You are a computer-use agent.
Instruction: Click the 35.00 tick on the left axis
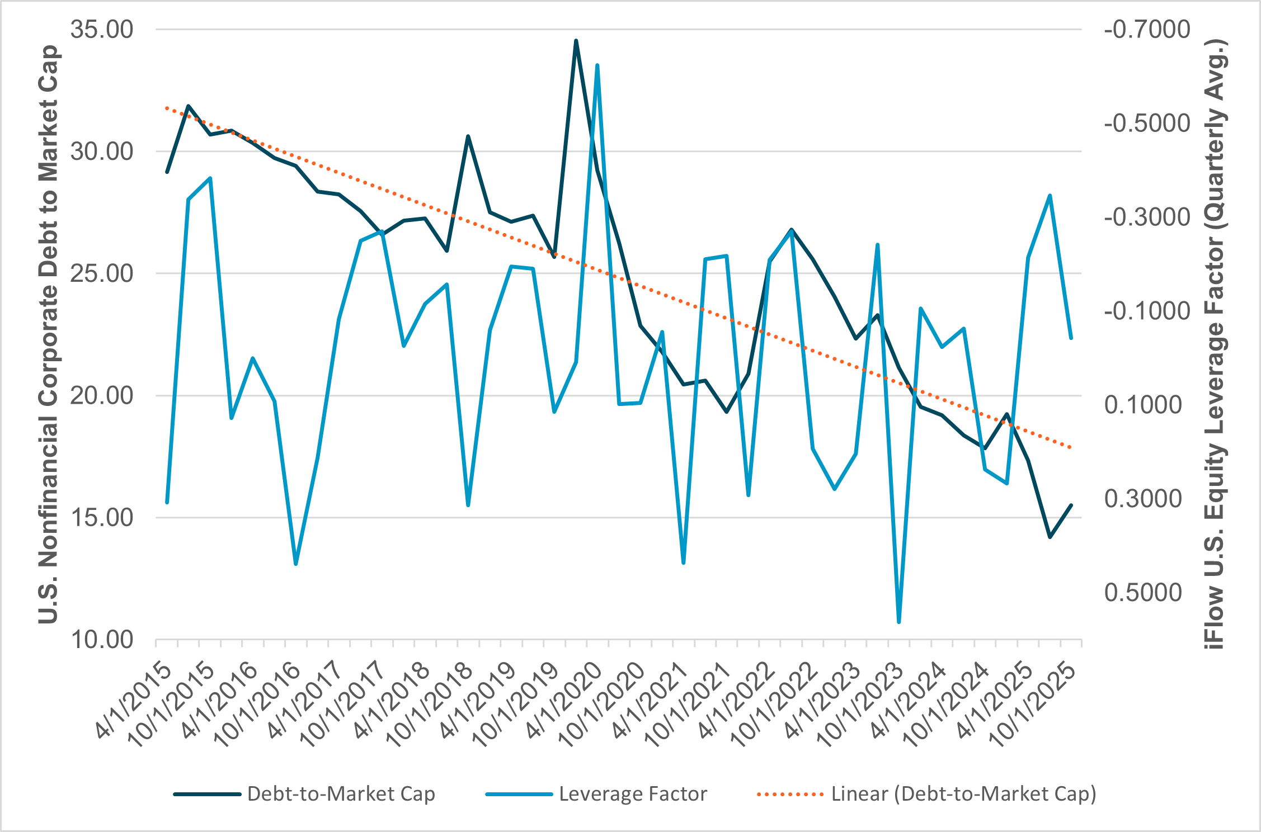[102, 30]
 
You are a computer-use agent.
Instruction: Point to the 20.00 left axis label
[102, 396]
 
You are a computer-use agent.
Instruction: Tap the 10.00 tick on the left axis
[102, 640]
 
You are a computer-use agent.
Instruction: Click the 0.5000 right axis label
[1143, 593]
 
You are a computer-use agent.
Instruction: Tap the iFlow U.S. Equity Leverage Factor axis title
[1215, 344]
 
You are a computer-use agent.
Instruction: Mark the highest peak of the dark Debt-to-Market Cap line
[576, 41]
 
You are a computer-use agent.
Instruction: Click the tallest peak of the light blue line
[597, 65]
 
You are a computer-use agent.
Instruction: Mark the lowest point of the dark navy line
[1050, 537]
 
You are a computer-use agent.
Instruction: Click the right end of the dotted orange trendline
[1070, 447]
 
